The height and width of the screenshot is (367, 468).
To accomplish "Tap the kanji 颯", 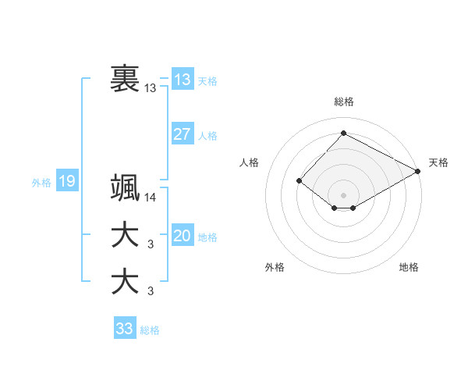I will [125, 188].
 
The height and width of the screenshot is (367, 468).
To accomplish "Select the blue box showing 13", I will [183, 80].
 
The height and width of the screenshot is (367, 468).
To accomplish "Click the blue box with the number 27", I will [183, 134].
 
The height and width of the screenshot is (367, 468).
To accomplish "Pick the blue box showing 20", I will [183, 237].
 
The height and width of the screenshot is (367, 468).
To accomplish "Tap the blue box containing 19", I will [66, 182].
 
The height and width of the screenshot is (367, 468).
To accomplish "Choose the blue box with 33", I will [125, 329].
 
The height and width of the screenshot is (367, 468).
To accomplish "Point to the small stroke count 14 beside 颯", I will [151, 198].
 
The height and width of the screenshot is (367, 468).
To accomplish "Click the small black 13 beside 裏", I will [151, 88].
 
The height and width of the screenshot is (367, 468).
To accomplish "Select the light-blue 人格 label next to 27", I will [207, 136].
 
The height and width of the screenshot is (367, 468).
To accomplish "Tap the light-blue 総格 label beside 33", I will [150, 330].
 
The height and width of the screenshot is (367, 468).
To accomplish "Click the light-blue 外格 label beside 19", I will [41, 183].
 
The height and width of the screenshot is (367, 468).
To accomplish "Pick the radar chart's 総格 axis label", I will [343, 102].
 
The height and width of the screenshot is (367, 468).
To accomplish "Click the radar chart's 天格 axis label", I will [438, 162].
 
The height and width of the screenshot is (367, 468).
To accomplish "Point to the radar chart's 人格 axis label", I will [250, 162].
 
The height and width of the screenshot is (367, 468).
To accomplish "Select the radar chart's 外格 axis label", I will [275, 268].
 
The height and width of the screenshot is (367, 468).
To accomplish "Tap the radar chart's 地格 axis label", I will [409, 268].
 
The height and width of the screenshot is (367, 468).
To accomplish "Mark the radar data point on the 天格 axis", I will [418, 170].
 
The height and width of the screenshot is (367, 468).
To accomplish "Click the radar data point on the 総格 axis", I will [343, 133].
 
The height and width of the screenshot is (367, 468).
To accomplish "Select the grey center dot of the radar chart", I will [343, 194].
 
